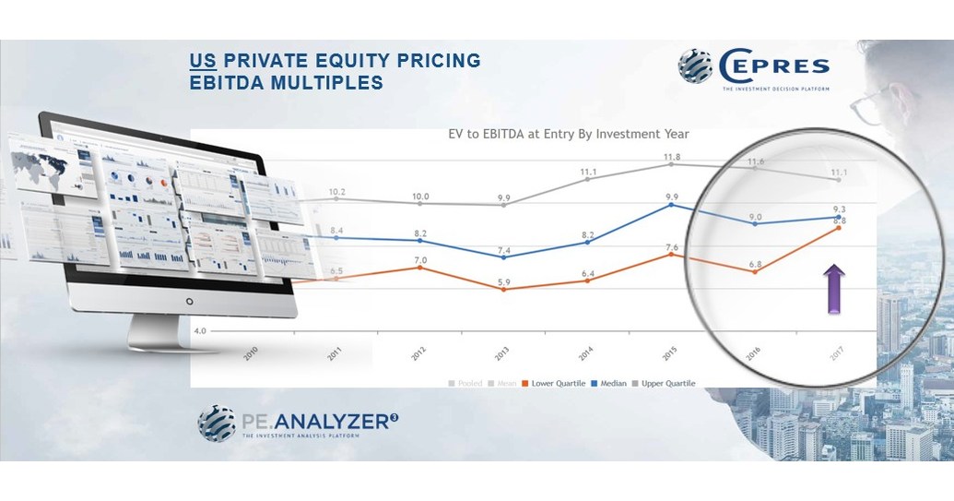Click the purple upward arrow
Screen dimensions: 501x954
pyautogui.click(x=833, y=289)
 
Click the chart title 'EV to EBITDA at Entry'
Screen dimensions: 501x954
pyautogui.click(x=561, y=134)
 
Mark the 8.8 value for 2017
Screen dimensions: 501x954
pyautogui.click(x=838, y=220)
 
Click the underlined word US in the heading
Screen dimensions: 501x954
pyautogui.click(x=200, y=61)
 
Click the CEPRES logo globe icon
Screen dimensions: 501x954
pyautogui.click(x=696, y=66)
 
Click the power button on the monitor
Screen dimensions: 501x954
pyautogui.click(x=189, y=301)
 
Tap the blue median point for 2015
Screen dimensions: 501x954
pyautogui.click(x=672, y=205)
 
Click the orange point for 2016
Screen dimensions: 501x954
pyautogui.click(x=755, y=271)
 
